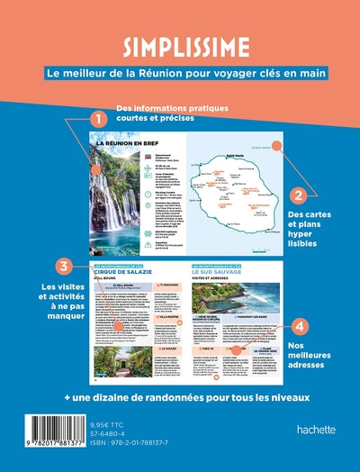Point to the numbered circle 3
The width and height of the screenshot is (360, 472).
63,267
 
